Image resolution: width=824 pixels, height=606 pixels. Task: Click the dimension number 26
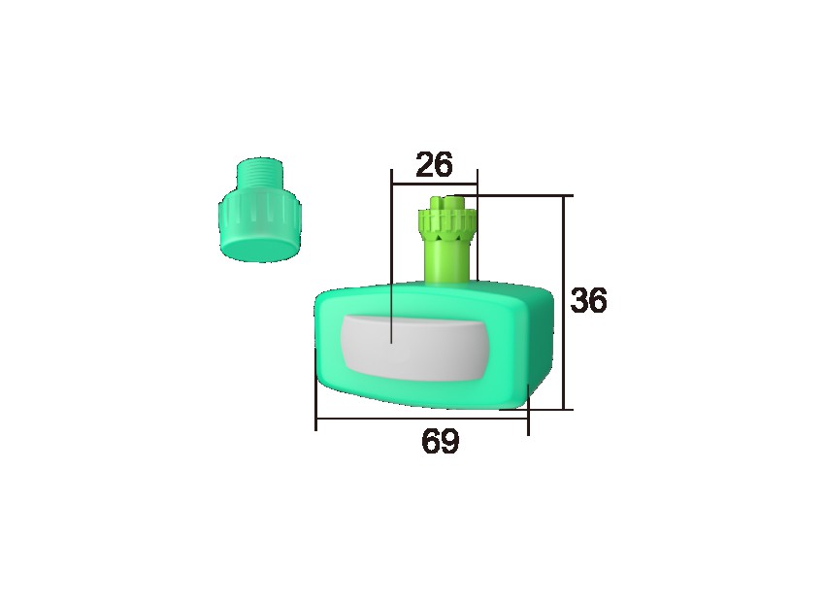pos(434,165)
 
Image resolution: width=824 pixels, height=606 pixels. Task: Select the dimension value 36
pos(588,301)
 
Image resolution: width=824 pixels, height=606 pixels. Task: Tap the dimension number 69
pos(440,442)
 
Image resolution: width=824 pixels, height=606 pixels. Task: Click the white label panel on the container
pos(413,348)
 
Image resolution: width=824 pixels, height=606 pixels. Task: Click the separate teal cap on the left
pos(258,215)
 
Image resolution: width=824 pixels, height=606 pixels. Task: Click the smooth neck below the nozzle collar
pos(445,262)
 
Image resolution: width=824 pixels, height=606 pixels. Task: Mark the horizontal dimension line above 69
pos(422,420)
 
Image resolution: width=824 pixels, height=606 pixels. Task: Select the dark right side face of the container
pos(539,345)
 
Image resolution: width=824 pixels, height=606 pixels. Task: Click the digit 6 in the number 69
pos(431,442)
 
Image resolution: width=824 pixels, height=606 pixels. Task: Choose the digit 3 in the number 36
pos(579,301)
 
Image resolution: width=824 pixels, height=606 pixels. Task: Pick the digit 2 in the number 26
pos(425,165)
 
